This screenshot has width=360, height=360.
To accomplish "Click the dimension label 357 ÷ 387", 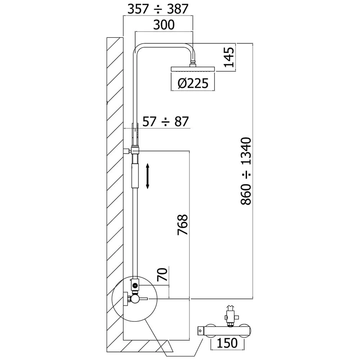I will (158, 9).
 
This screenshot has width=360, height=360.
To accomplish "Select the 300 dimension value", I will (164, 25).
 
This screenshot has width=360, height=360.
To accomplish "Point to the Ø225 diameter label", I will (193, 84).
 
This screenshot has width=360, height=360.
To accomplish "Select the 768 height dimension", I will (183, 225).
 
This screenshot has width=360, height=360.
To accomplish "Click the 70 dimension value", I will (163, 275).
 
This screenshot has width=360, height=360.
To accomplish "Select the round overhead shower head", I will (193, 69).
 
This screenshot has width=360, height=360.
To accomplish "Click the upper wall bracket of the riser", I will (127, 151).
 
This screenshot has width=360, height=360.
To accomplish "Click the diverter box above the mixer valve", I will (135, 284).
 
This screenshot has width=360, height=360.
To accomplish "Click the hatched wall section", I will (115, 180).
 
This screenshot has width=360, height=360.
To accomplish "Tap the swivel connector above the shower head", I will (194, 63).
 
